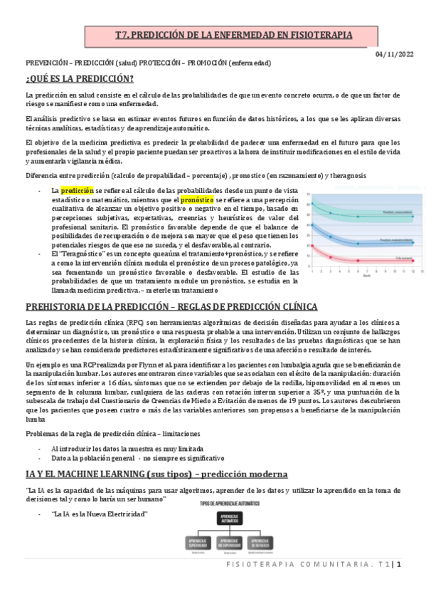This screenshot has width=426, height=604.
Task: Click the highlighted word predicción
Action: click(x=72, y=191)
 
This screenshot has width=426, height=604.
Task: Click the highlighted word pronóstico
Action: click(x=196, y=201)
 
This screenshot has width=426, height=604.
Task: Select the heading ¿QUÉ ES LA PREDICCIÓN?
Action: click(x=80, y=78)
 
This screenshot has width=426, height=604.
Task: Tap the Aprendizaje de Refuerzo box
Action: click(x=261, y=543)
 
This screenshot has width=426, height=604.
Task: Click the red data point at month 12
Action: click(x=413, y=261)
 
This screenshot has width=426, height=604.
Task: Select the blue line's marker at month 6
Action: click(x=358, y=244)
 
